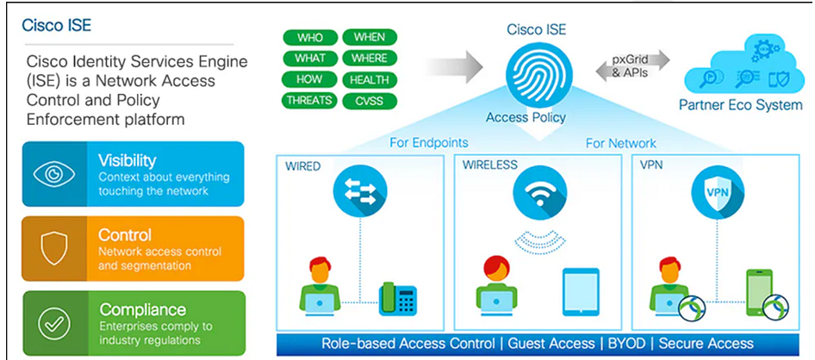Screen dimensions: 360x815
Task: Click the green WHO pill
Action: pyautogui.click(x=309, y=38)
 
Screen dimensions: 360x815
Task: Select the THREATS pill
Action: pyautogui.click(x=309, y=101)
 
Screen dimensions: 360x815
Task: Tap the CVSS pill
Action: pyautogui.click(x=370, y=101)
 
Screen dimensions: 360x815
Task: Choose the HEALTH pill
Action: pyautogui.click(x=370, y=80)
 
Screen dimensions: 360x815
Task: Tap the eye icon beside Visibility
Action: pyautogui.click(x=54, y=173)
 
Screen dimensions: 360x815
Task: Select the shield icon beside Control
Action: pyautogui.click(x=54, y=248)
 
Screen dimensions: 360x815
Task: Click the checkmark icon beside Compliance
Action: pyautogui.click(x=54, y=323)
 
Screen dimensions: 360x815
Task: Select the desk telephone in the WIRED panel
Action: pyautogui.click(x=397, y=298)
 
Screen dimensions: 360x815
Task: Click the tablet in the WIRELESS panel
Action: pyautogui.click(x=581, y=291)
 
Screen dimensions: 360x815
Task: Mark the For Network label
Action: pyautogui.click(x=620, y=143)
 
